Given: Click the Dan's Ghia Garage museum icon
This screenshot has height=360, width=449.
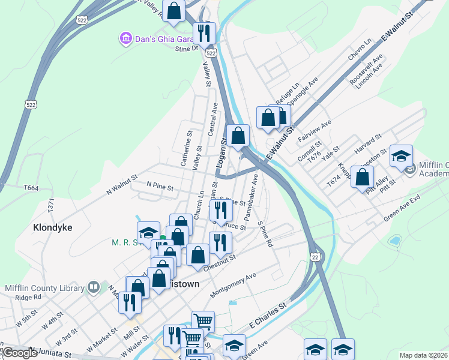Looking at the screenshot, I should tap(126, 39).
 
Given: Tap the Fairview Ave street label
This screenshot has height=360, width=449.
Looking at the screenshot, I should tap(315, 132).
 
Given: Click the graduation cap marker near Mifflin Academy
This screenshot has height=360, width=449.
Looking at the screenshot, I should tap(401, 156).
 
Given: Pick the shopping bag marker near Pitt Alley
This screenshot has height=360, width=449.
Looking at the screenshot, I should tap(362, 178).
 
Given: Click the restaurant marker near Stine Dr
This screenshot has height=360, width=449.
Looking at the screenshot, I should tap(204, 34).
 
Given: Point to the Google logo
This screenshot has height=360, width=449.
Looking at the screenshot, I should tap(19, 353).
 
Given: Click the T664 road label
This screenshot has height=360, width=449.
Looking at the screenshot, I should tap(31, 188).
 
